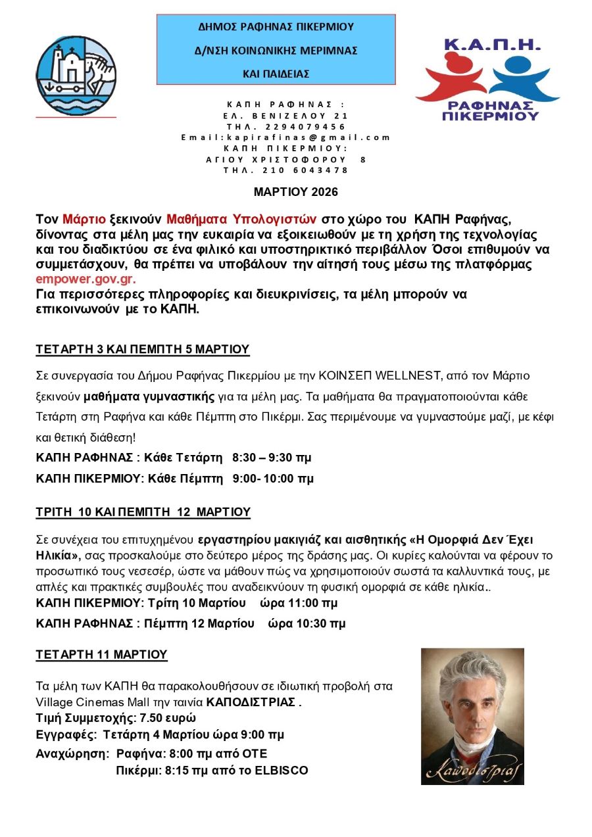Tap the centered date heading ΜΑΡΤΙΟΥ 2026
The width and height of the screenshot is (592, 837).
click(x=296, y=192)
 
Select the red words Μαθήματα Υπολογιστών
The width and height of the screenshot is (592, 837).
click(x=241, y=218)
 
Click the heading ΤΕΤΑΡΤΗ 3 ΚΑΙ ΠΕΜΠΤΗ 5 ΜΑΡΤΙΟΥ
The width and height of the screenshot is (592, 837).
click(x=143, y=349)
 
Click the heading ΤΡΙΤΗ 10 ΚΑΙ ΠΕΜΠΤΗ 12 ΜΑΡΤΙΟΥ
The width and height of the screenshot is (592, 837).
click(x=143, y=512)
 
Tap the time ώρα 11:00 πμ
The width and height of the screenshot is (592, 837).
click(x=300, y=603)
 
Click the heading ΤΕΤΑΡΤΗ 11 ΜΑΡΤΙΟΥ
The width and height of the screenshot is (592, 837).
click(x=101, y=654)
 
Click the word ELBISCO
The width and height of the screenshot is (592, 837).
click(x=282, y=770)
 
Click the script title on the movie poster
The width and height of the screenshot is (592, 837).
click(x=472, y=769)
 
